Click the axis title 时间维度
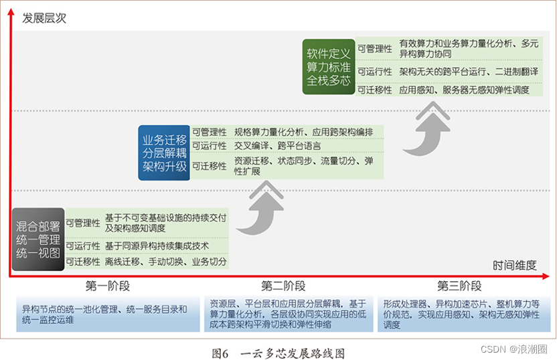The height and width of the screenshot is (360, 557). tap(514, 265)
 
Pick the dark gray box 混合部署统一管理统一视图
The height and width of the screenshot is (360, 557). tap(38, 239)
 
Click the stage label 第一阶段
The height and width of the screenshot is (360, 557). tap(108, 286)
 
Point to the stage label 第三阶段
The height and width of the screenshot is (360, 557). tap(459, 286)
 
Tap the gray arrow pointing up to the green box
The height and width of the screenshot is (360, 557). tap(428, 128)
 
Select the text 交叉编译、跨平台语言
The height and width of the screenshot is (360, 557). tap(277, 145)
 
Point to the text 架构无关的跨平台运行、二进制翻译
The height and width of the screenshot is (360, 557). tap(469, 71)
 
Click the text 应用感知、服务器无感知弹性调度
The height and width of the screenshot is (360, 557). tap(464, 90)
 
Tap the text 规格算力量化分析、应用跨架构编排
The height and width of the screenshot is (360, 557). tap(303, 132)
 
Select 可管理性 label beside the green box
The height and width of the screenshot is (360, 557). tap(375, 49)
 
